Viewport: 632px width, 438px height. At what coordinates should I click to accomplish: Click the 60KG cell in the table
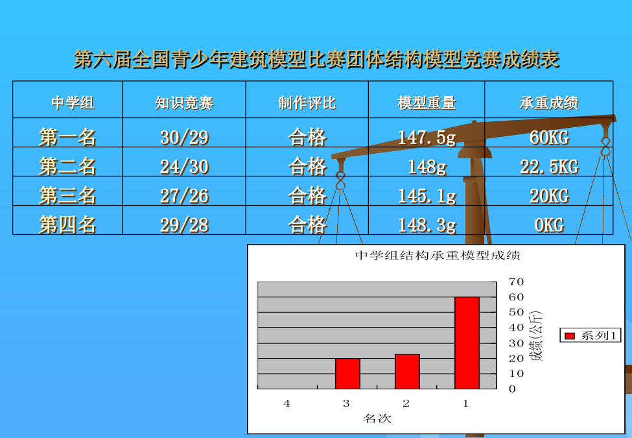(x=549, y=138)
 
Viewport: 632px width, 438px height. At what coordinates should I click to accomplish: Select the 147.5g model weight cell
(x=427, y=138)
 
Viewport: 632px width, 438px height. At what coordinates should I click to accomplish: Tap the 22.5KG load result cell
(x=549, y=167)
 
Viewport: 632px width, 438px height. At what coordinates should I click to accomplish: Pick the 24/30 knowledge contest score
(x=185, y=167)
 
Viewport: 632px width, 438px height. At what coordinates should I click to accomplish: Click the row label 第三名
(x=67, y=195)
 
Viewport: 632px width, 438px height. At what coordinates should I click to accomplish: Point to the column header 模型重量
(x=427, y=103)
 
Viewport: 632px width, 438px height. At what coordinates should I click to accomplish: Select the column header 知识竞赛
(x=184, y=103)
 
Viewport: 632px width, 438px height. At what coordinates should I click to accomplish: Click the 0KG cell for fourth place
(x=549, y=225)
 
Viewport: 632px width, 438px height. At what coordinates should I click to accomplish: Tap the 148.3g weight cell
(x=427, y=225)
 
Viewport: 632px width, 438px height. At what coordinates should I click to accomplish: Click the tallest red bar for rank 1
(x=467, y=343)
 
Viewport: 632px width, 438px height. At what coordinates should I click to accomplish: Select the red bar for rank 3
(x=347, y=374)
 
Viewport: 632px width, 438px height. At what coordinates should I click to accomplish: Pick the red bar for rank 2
(x=407, y=371)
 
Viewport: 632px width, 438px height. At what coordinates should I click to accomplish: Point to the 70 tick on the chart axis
(x=516, y=282)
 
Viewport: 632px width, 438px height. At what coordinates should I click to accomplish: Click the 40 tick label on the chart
(x=516, y=328)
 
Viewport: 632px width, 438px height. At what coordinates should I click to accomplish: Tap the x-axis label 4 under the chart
(x=287, y=404)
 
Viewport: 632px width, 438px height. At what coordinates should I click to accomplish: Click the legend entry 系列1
(x=591, y=335)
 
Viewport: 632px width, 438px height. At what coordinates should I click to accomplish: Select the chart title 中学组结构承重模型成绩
(x=438, y=255)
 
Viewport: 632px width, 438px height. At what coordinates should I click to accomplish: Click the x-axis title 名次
(x=377, y=419)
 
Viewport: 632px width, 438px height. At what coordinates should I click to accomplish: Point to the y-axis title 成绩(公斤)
(x=537, y=335)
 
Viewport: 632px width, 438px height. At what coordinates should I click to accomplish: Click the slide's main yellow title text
(x=316, y=59)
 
